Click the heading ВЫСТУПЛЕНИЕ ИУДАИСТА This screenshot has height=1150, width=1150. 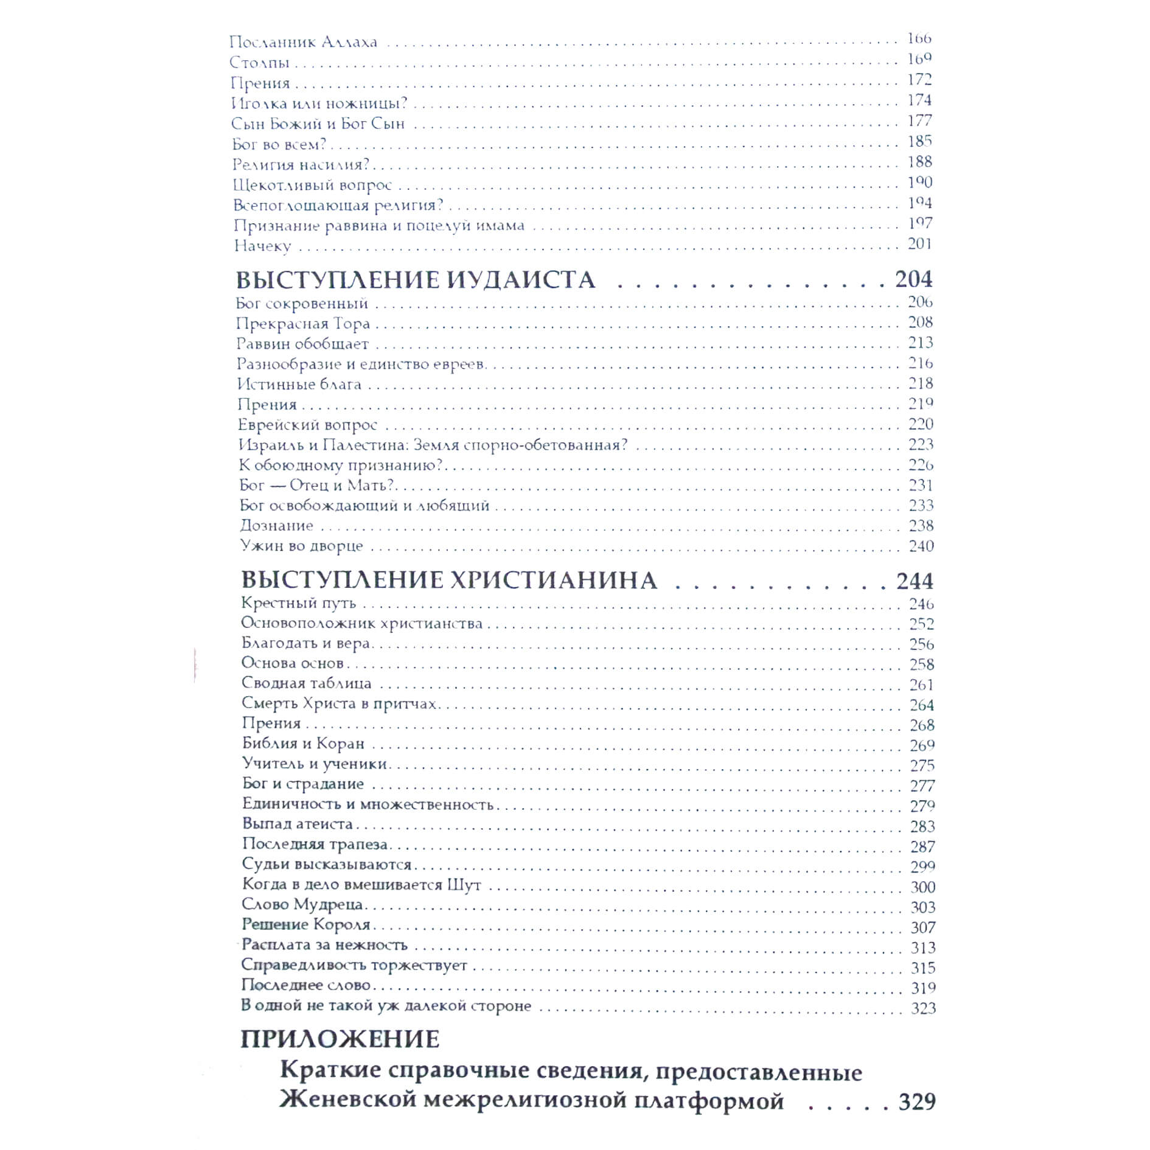pos(415,280)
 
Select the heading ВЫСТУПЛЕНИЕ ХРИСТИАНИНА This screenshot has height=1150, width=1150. pos(449,580)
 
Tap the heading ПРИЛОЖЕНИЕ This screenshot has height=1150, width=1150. pos(340,1039)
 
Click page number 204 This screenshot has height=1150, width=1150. pos(913,279)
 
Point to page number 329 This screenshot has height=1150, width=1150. pos(917,1101)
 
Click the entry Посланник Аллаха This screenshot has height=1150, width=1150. pos(303,43)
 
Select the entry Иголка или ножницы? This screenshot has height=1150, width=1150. pos(319,103)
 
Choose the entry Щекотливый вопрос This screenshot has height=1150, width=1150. pos(312,185)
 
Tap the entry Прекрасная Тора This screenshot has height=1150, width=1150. pos(302,323)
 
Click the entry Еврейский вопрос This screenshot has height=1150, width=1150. pos(307,425)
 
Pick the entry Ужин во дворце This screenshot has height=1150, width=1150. pos(301,546)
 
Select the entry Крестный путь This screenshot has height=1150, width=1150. pos(298,603)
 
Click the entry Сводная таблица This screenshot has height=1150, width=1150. pos(306,683)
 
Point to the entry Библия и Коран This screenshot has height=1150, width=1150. pos(303,744)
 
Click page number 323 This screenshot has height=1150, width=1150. pos(923,1008)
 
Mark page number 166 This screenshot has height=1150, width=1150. pos(919,38)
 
